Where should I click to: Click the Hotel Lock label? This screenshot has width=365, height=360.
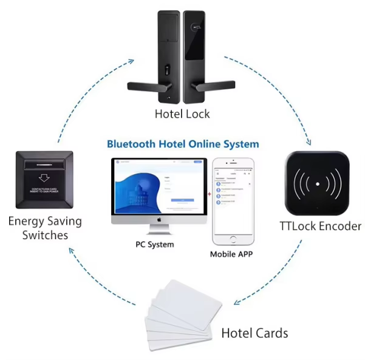(x=182, y=114)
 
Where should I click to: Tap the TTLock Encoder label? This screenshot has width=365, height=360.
(x=320, y=226)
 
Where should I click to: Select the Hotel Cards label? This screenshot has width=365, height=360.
(x=254, y=333)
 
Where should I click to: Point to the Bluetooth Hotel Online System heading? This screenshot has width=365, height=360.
(x=183, y=144)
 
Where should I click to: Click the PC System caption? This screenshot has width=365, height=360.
(x=154, y=245)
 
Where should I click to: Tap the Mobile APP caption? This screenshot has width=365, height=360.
(x=231, y=254)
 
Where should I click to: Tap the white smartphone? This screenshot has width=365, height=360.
(x=231, y=200)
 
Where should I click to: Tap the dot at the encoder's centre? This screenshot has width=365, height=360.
(x=316, y=182)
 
